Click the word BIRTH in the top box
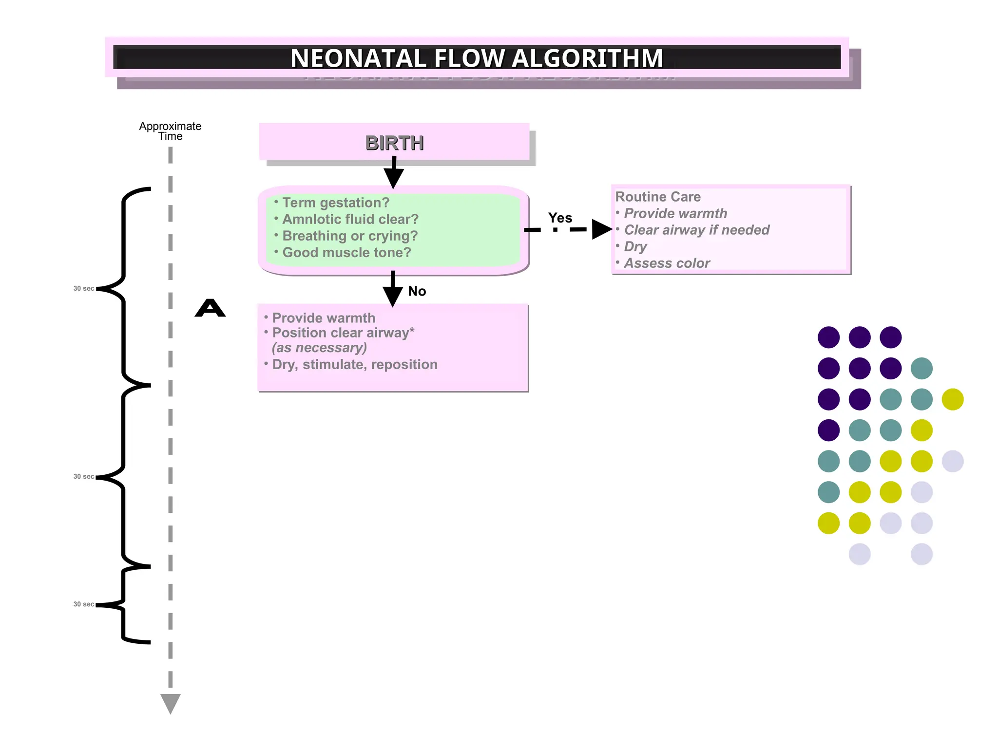click(x=394, y=143)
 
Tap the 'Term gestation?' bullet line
click(x=335, y=203)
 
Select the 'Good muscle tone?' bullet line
click(x=346, y=252)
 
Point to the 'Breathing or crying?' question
click(x=349, y=236)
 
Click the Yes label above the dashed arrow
click(x=560, y=218)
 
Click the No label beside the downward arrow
click(x=417, y=291)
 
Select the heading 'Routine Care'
click(x=658, y=197)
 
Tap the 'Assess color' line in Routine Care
click(x=666, y=263)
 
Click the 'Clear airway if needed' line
click(x=696, y=230)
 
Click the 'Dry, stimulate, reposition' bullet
click(x=354, y=364)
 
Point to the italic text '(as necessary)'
click(x=319, y=348)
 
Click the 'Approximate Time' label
click(x=170, y=131)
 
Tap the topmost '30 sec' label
click(x=84, y=288)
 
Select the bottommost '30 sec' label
click(x=84, y=604)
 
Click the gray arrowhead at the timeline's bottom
click(x=171, y=703)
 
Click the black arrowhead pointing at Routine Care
click(x=601, y=229)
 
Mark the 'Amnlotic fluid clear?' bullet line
click(x=350, y=219)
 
